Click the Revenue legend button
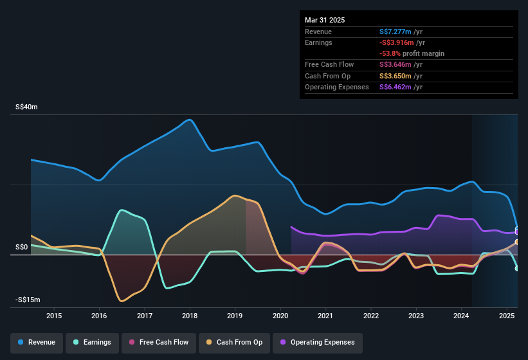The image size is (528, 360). click(x=37, y=342)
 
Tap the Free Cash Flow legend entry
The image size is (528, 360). click(x=159, y=342)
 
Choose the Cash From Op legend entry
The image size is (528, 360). click(x=235, y=342)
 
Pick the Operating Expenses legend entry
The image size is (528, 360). click(x=318, y=342)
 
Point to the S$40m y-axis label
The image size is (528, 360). click(x=26, y=107)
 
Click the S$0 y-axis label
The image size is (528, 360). click(x=21, y=247)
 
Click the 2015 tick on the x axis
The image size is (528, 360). click(x=54, y=316)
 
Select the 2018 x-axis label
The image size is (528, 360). click(x=190, y=316)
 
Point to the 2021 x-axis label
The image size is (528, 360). click(x=325, y=316)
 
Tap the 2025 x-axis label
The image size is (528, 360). click(x=507, y=316)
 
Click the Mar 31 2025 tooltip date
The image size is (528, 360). click(x=325, y=20)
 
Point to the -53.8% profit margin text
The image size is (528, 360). click(x=412, y=53)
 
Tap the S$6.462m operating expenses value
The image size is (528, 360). click(x=396, y=87)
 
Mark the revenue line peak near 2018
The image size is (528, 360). click(x=189, y=120)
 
